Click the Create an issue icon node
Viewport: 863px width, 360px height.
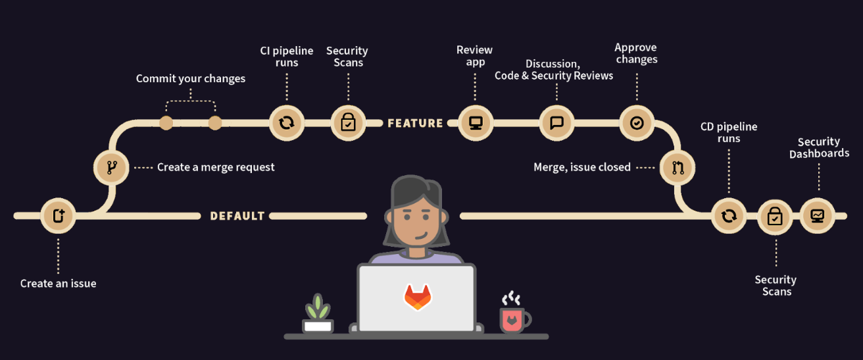(x=58, y=215)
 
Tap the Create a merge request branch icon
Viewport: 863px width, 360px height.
(x=111, y=167)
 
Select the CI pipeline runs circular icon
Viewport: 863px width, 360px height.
(x=287, y=122)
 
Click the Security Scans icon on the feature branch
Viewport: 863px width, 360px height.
(x=348, y=122)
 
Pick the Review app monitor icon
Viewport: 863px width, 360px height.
(x=474, y=122)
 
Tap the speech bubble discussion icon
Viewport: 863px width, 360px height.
(x=556, y=122)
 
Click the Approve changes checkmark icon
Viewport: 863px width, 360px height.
(x=637, y=122)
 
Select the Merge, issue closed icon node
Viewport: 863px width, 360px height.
(x=678, y=168)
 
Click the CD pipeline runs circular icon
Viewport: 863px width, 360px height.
(x=729, y=215)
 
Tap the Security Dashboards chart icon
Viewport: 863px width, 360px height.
(x=818, y=215)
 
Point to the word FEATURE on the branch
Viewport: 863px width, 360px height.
(x=415, y=123)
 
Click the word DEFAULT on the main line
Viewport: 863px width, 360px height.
(x=237, y=216)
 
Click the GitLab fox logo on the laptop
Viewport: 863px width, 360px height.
(x=417, y=297)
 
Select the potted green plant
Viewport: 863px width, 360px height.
(x=318, y=315)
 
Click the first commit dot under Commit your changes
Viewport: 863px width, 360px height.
(x=166, y=123)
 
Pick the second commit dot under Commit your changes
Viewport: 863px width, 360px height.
(x=215, y=123)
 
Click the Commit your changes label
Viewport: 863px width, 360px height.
(x=191, y=79)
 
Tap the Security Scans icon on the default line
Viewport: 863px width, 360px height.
(x=775, y=216)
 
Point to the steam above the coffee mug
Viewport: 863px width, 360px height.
(x=510, y=299)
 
